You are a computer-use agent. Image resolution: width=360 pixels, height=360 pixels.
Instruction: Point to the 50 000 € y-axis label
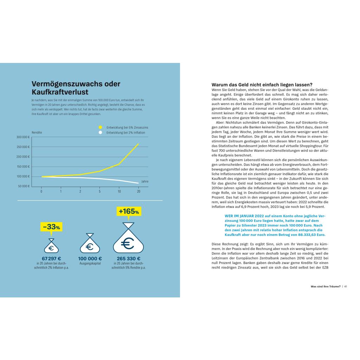pos(24,186)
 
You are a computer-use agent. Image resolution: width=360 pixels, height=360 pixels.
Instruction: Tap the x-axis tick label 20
pos(138,192)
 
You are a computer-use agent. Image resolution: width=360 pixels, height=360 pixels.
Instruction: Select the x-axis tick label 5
pos(99,192)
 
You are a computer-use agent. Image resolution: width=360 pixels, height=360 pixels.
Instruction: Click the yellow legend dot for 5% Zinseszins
pos(100,127)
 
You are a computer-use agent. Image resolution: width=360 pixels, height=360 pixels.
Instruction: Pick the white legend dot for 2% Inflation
pos(100,133)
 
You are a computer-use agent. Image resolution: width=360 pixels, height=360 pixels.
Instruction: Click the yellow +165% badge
pos(129,212)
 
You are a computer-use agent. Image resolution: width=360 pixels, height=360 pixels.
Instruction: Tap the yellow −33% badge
pos(51,227)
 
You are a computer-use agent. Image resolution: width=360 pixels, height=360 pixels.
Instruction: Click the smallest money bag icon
pos(51,246)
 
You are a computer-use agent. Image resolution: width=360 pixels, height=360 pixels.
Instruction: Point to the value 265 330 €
pos(129,258)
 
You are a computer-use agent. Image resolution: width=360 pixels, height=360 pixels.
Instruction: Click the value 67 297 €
pos(51,258)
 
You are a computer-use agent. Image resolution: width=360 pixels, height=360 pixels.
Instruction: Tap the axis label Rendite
pos(37,133)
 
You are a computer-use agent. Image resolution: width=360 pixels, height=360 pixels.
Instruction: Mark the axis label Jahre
pos(144,181)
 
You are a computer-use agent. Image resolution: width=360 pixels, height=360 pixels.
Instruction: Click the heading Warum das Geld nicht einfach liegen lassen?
pos(262,85)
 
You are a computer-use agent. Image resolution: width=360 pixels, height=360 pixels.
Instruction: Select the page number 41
pos(346,287)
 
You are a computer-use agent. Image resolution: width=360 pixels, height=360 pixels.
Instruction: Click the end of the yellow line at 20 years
pos(138,144)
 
